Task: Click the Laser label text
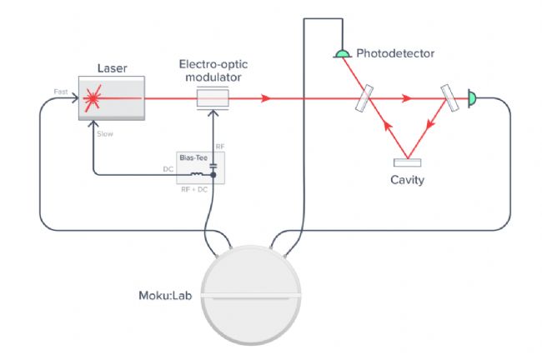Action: point(112,68)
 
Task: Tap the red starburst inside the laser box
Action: point(93,98)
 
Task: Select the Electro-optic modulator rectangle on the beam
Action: point(213,98)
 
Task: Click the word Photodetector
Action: point(395,53)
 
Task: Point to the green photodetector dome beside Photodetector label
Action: point(343,53)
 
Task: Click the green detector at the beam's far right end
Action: point(472,98)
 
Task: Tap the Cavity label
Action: point(407,180)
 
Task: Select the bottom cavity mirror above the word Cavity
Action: point(407,162)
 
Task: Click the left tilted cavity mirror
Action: point(364,98)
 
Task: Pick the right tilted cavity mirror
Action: point(449,98)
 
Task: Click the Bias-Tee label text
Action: point(193,157)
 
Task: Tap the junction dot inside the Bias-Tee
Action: point(213,175)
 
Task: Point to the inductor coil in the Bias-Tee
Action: point(197,174)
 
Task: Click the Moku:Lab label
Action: point(165,295)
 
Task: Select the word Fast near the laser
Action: point(61,92)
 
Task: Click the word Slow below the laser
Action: point(105,134)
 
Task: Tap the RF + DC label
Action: point(194,190)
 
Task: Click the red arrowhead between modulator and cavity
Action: point(265,98)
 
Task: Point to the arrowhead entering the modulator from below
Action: point(213,112)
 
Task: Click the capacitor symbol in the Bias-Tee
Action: point(213,166)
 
